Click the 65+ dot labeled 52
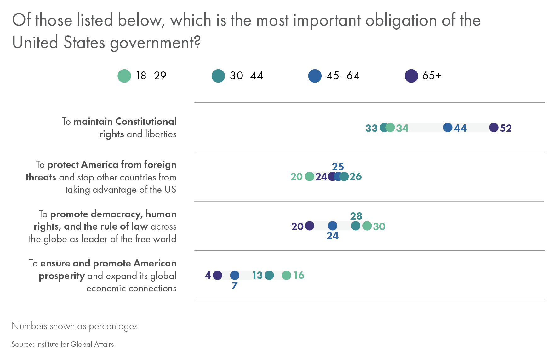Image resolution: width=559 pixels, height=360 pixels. click(493, 128)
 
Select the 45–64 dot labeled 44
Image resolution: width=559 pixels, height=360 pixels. click(448, 128)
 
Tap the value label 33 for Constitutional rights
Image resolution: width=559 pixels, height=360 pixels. click(371, 128)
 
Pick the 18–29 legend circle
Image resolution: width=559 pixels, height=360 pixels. click(124, 76)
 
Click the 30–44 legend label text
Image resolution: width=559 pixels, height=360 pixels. click(246, 76)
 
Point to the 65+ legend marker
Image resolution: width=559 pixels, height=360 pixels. click(411, 76)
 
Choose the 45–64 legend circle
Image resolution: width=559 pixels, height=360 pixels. click(315, 76)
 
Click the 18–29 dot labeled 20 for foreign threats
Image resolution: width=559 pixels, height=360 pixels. click(310, 177)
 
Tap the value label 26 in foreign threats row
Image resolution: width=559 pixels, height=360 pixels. click(356, 177)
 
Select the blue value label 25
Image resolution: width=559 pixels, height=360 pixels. click(338, 167)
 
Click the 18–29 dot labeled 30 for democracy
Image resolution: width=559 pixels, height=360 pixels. click(367, 226)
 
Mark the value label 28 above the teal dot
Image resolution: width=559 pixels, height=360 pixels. click(356, 216)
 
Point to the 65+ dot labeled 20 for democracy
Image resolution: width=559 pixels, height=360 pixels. click(310, 226)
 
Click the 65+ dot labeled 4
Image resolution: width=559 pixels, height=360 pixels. click(217, 275)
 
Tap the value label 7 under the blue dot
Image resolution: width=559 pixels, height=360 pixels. click(234, 286)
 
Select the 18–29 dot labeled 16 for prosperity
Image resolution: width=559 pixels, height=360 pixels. click(286, 275)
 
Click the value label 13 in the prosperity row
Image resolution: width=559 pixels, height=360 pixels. click(257, 276)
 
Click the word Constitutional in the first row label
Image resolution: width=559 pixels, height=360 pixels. click(146, 122)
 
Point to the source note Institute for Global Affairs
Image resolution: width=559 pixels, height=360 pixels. click(75, 344)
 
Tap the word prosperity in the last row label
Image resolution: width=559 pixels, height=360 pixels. click(62, 276)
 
